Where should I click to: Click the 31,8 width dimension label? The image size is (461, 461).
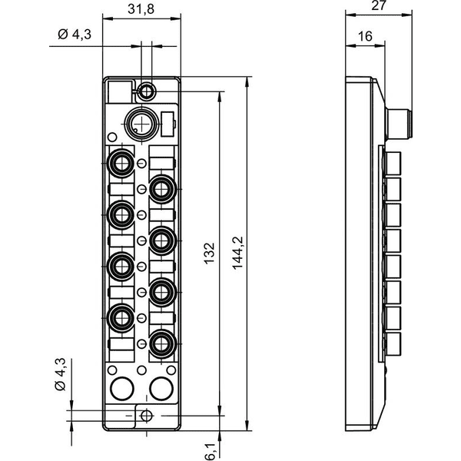[141, 9]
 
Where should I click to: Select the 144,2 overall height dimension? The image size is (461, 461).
[237, 253]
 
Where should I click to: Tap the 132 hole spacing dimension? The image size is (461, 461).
[209, 253]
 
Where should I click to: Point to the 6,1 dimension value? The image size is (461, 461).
[210, 452]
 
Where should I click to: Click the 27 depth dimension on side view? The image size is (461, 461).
[378, 5]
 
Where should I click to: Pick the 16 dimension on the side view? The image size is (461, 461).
[365, 36]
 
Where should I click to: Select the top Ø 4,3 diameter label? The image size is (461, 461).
[75, 35]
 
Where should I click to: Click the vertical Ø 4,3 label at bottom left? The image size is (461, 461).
[61, 375]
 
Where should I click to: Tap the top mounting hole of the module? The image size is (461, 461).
[147, 91]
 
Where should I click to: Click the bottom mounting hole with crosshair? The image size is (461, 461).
[147, 416]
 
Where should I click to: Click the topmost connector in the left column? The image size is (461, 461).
[121, 163]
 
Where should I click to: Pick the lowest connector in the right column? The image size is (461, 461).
[161, 343]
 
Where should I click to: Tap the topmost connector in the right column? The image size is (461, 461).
[161, 189]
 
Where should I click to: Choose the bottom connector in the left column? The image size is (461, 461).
[121, 318]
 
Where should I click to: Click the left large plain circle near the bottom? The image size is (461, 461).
[122, 388]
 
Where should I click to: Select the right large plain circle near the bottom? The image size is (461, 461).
[161, 388]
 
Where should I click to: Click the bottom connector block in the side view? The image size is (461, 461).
[393, 344]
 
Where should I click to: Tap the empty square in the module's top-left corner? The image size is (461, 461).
[120, 92]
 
